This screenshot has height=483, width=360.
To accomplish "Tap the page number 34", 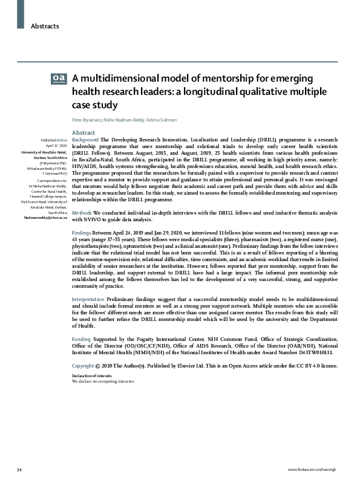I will (x=19, y=470).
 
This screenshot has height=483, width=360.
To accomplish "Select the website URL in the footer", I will (x=315, y=470).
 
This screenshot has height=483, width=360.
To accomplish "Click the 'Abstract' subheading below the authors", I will (x=83, y=132).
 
